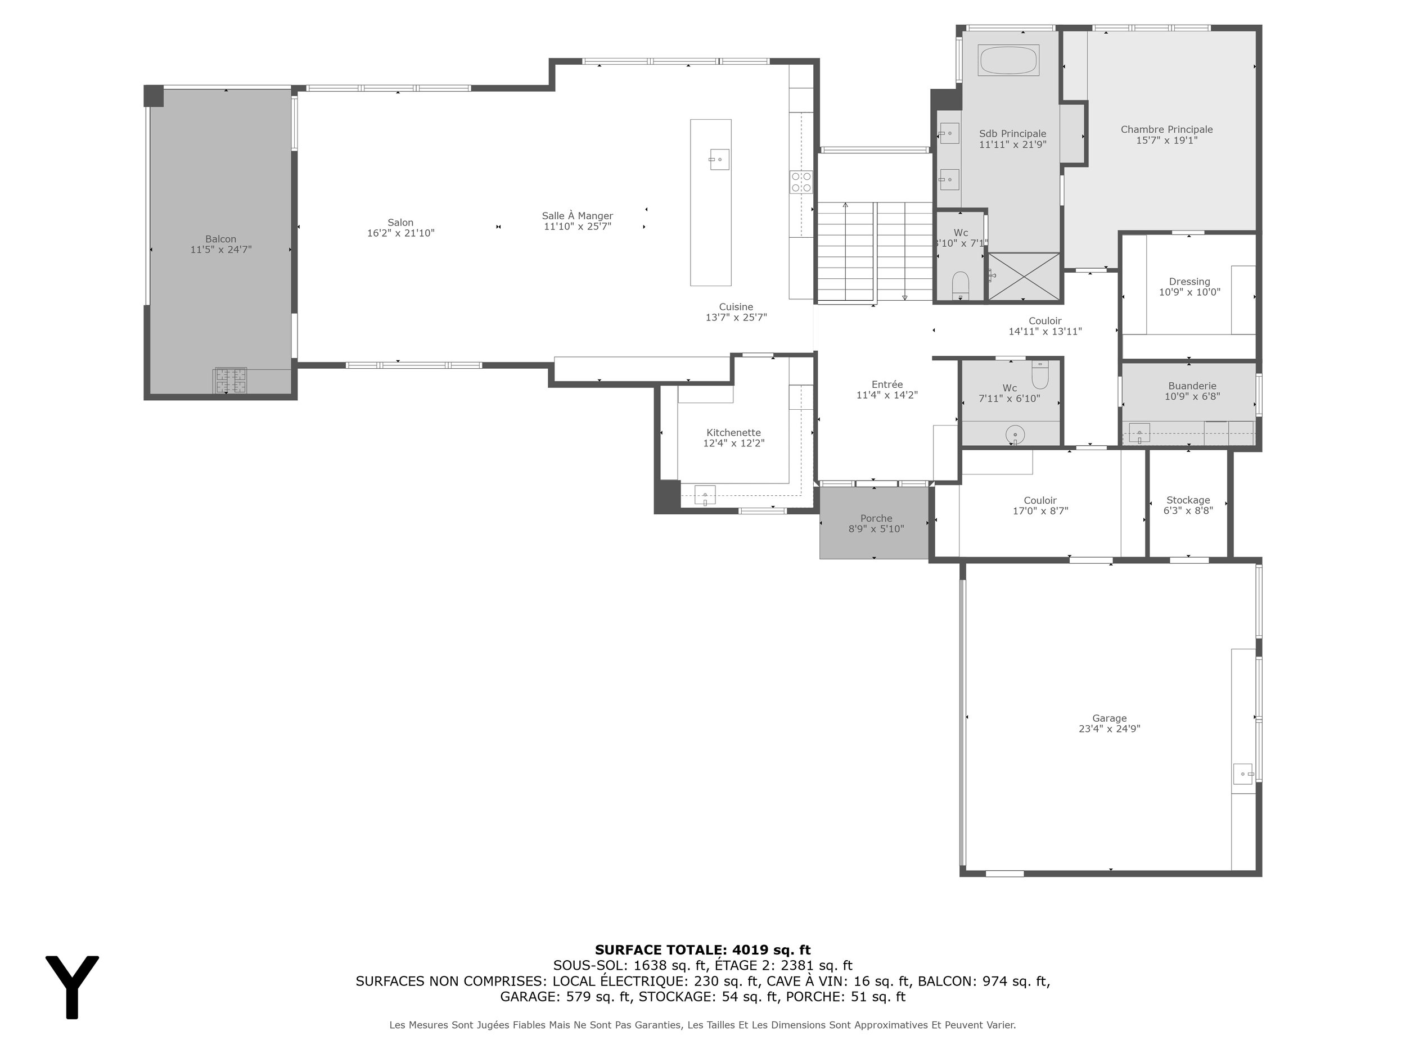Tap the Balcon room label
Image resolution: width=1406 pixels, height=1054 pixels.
coord(220,239)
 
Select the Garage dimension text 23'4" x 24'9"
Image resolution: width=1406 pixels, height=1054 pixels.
coord(1109,729)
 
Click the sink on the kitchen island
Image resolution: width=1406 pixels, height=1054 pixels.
coord(719,159)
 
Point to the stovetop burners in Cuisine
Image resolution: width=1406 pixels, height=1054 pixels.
coord(801,182)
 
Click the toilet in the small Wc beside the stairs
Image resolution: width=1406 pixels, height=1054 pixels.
coord(960,285)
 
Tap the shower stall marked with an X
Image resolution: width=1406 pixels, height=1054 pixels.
coord(1024,277)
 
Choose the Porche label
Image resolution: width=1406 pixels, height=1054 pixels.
coord(876,518)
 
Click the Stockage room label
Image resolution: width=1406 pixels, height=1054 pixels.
coord(1188,500)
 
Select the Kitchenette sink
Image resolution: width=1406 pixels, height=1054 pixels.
coord(705,495)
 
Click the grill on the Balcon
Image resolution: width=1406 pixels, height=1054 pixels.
coord(230,381)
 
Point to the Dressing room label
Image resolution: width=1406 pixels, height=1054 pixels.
coord(1189,282)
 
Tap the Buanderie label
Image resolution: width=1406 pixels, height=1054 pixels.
coord(1192,386)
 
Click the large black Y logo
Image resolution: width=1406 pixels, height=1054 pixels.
coord(72,987)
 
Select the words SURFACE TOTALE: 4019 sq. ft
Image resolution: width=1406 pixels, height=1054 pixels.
coord(702,950)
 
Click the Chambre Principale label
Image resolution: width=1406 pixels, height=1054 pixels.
coord(1166,130)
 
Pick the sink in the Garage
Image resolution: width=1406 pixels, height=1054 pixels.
coord(1243,775)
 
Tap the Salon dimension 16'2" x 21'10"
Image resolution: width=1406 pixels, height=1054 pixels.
coord(400,233)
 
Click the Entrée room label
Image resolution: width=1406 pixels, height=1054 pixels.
coord(887,384)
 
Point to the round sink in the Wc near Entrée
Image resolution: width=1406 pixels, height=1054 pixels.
coord(1015,435)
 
